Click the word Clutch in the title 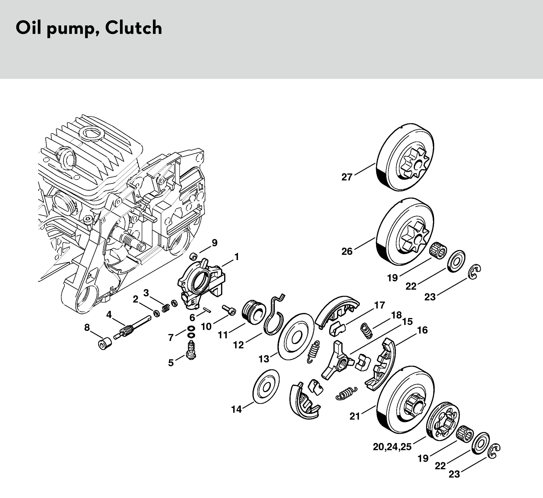pos(134,28)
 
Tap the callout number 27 pos(347,177)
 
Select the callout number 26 pos(347,252)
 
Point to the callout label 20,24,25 pos(392,447)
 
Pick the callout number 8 pos(87,328)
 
